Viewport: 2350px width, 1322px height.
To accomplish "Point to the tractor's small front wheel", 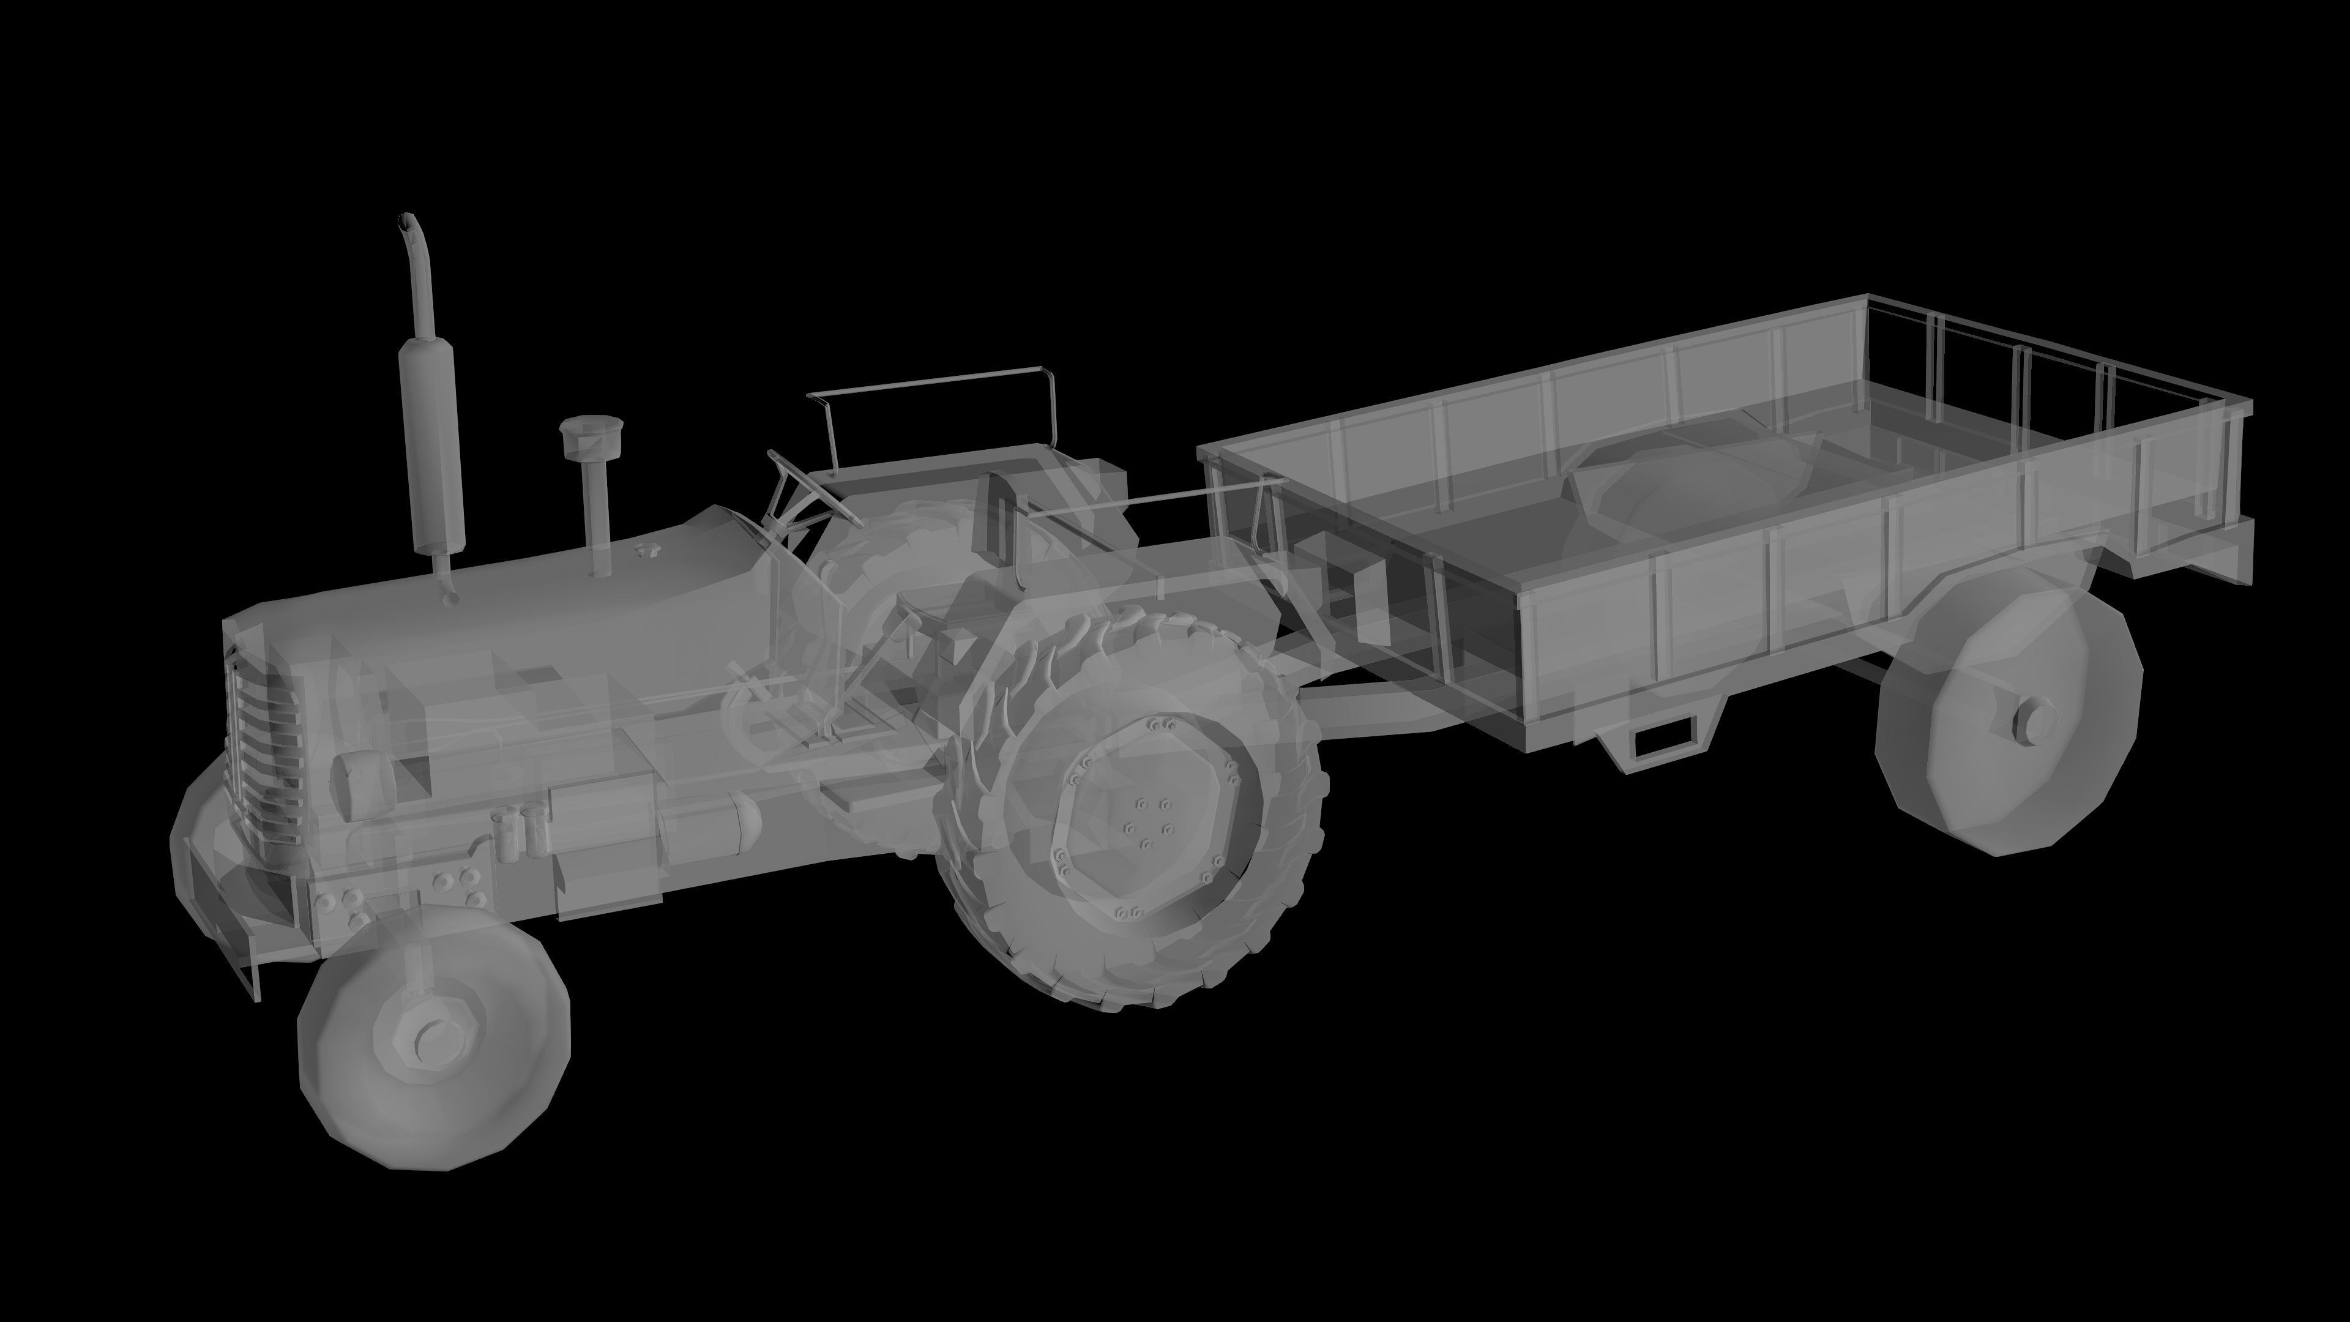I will (x=433, y=1036).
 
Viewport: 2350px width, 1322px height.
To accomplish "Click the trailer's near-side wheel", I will (x=2007, y=721).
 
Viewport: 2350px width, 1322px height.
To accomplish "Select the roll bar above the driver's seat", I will (x=930, y=383).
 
